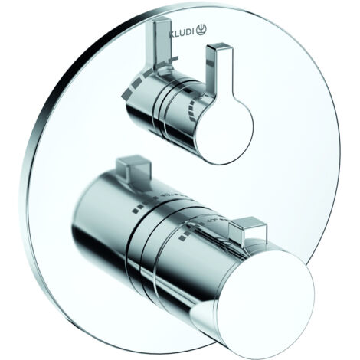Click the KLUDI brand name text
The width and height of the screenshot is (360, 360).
182,33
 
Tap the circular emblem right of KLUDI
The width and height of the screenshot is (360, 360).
201,30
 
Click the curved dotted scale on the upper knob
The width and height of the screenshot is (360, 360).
192,112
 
